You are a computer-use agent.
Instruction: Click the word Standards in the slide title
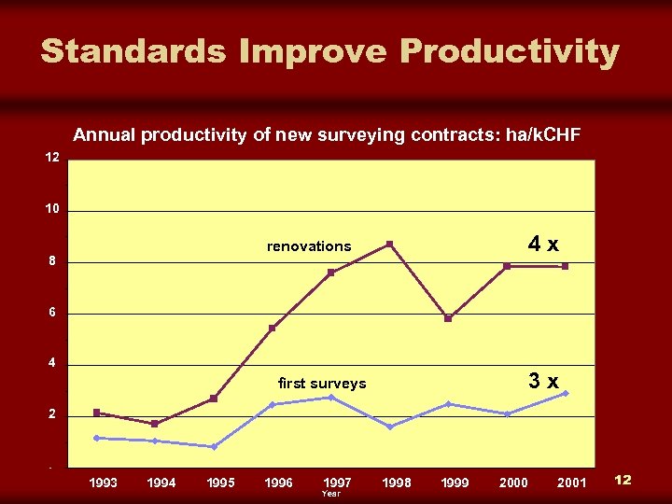click(133, 51)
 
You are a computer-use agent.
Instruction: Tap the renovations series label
click(309, 246)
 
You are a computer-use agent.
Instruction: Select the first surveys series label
click(322, 384)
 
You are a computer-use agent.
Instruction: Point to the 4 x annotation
click(543, 245)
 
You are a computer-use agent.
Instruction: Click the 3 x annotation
click(543, 381)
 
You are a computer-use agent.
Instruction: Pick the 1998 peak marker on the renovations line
click(389, 245)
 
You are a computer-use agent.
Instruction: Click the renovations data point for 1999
click(448, 318)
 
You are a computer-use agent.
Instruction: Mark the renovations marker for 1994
click(155, 424)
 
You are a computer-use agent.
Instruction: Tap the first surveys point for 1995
click(214, 447)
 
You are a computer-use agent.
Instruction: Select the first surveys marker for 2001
click(566, 393)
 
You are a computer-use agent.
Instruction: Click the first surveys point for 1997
click(330, 398)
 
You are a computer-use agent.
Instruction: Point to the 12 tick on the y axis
click(53, 158)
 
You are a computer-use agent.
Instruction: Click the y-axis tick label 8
click(53, 261)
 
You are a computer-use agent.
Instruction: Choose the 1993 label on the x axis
click(103, 483)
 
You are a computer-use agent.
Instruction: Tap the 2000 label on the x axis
click(513, 483)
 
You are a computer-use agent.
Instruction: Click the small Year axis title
click(330, 494)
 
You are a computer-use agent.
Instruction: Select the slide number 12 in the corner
click(623, 480)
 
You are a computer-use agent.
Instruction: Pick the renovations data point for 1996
click(273, 329)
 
